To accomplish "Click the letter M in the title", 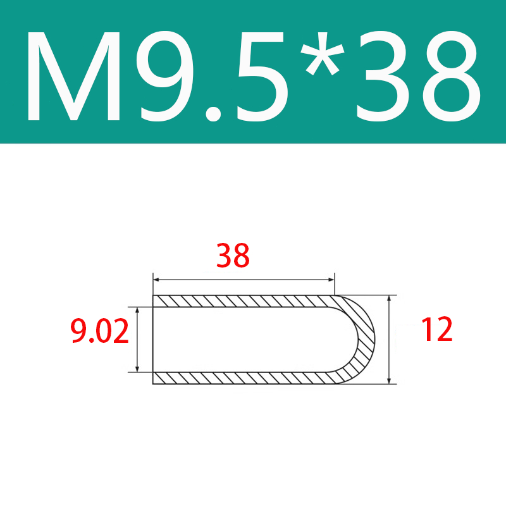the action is click(74, 76).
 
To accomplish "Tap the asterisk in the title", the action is click(323, 53).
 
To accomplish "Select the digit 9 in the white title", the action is click(164, 76).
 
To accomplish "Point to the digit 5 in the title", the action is click(261, 77).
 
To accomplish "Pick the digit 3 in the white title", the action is click(383, 76).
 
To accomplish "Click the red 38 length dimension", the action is click(233, 256).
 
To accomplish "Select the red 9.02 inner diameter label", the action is click(100, 330).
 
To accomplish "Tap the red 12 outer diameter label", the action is click(437, 329).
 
